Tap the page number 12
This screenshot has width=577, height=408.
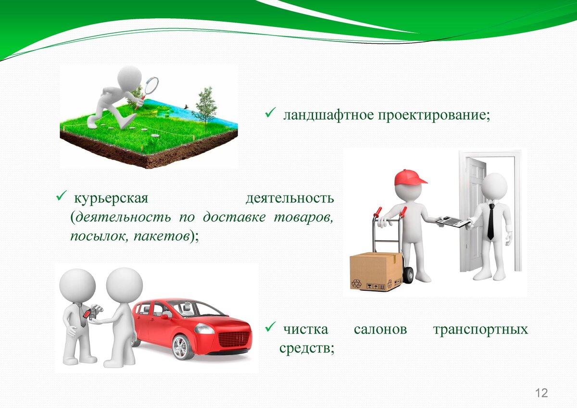click(541, 393)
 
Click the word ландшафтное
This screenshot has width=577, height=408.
click(328, 115)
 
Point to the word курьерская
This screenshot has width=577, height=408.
click(111, 198)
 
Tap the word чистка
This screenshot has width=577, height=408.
click(306, 330)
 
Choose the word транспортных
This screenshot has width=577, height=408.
click(481, 330)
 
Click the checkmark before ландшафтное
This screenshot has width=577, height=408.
click(270, 113)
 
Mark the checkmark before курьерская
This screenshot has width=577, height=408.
click(62, 196)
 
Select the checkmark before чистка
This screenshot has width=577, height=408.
click(270, 327)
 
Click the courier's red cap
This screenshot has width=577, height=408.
click(410, 177)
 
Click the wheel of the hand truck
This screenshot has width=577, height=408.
click(408, 275)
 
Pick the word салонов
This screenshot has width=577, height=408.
click(380, 330)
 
